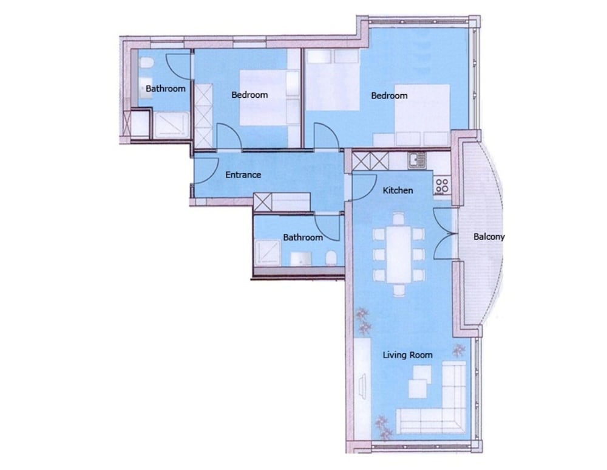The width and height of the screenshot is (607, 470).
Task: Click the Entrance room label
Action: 243,175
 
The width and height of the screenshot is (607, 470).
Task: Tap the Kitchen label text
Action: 398,190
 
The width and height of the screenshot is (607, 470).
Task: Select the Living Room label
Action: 407,355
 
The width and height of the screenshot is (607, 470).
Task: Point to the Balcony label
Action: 489,237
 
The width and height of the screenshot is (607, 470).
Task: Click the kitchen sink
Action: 417,161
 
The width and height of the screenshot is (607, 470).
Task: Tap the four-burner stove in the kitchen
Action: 442,186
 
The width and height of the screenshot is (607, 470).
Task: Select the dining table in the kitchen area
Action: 398,254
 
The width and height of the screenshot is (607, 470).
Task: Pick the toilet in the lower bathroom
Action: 331,258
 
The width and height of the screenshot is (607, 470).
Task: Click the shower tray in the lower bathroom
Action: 268,253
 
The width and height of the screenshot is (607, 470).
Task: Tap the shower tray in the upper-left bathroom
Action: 172,124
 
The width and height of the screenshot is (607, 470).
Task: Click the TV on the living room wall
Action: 364,385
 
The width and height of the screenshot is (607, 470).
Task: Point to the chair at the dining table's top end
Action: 399,218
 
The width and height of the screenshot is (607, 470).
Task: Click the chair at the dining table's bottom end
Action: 399,290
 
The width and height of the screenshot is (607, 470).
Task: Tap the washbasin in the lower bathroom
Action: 301,258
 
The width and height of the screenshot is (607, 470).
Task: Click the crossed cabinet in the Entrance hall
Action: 262,202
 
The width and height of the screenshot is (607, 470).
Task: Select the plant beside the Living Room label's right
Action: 459,350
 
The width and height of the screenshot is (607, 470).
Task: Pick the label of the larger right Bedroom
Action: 389,95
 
